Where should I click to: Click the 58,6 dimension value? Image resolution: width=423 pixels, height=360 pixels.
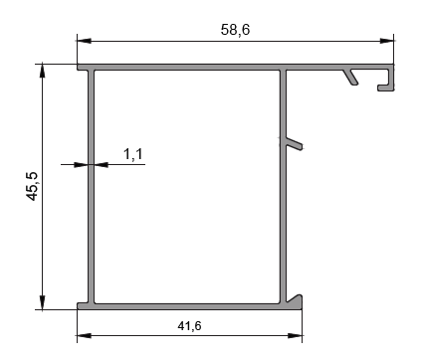(x=235, y=30)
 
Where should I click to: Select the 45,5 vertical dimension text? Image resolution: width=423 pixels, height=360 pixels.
(x=33, y=187)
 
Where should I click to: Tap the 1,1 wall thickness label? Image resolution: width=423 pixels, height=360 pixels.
(x=133, y=154)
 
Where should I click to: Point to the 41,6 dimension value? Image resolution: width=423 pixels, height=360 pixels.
(x=189, y=326)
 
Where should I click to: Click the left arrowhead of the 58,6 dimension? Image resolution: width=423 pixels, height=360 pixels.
(x=84, y=41)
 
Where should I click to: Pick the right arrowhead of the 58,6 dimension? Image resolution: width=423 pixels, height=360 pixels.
(x=387, y=41)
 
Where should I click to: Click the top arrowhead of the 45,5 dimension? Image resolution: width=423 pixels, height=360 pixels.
(x=42, y=71)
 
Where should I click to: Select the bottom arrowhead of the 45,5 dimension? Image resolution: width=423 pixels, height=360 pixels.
(x=42, y=302)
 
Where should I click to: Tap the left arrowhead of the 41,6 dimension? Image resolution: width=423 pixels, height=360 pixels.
(x=84, y=335)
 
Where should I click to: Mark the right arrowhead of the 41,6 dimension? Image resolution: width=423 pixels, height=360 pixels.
(x=295, y=335)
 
